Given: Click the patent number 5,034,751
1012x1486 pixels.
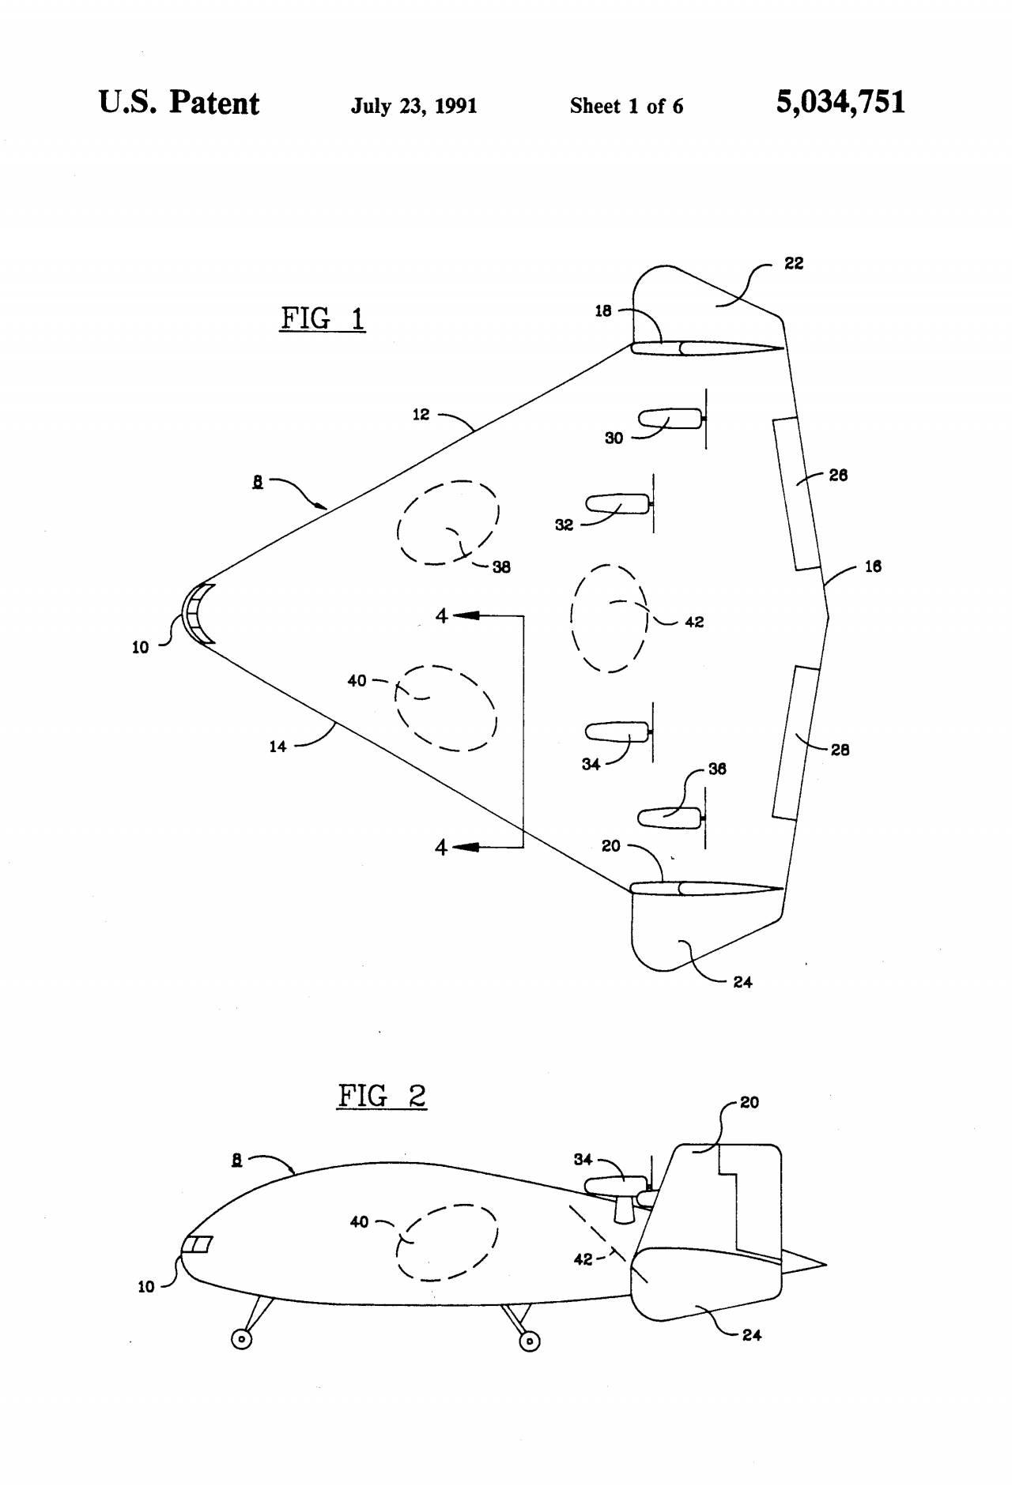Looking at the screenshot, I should point(840,103).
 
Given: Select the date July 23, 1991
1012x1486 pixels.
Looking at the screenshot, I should point(413,106).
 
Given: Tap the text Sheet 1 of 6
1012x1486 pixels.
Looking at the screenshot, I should point(626,106).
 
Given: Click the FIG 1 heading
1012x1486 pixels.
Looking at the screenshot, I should point(323,318).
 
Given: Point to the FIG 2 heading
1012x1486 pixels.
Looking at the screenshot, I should point(382,1096).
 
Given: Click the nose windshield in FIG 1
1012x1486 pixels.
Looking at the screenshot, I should point(198,614).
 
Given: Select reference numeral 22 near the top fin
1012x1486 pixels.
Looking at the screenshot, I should point(794,264).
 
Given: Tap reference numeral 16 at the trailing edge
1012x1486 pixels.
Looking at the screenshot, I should point(873,566).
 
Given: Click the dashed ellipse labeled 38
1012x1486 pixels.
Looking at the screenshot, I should point(447,522).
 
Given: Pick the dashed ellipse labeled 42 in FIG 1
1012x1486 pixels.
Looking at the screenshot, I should point(610,618).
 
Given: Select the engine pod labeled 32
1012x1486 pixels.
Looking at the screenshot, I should point(617,503).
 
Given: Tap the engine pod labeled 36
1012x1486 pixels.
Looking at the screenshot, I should point(670,818).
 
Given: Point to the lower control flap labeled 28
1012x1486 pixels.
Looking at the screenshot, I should point(796,743).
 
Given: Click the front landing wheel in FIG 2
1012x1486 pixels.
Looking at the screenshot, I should point(242,1339).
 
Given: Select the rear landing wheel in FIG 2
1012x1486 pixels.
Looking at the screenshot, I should point(529,1341).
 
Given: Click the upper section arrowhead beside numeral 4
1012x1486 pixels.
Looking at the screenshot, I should point(466,615).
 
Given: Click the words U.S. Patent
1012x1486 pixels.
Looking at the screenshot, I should point(179,103).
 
